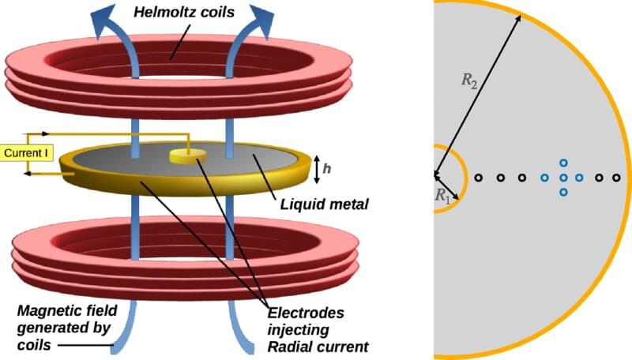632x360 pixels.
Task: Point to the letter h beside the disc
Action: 327,167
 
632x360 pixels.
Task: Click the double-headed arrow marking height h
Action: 316,167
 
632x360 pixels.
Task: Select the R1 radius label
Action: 442,197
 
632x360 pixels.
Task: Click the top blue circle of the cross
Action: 563,163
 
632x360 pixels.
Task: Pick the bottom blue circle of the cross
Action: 563,193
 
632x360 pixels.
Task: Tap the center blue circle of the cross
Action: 563,178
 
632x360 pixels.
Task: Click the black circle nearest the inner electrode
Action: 479,178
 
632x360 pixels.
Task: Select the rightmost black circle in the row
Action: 617,178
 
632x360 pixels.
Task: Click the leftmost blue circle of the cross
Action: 545,178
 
